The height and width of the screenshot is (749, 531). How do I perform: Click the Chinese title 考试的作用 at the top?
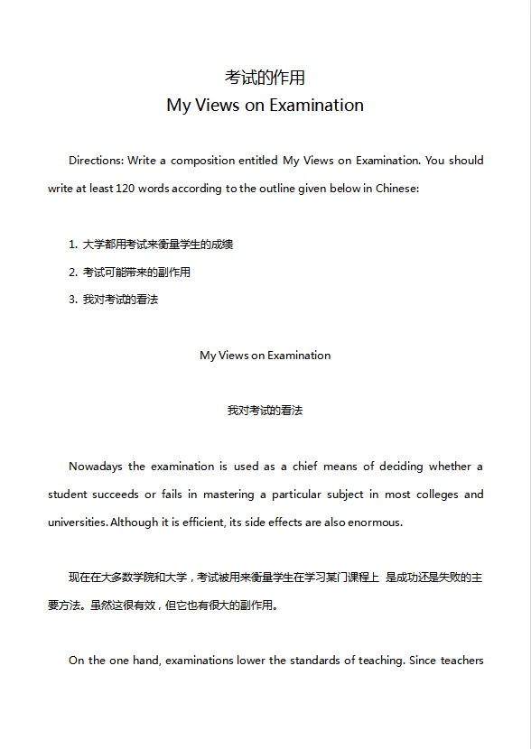[x=265, y=78]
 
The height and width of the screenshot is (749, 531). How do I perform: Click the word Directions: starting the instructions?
[x=96, y=161]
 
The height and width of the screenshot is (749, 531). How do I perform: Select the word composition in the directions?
[x=202, y=161]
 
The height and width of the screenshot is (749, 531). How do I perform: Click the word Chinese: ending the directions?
[x=396, y=190]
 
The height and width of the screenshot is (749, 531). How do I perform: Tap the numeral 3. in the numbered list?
[x=73, y=300]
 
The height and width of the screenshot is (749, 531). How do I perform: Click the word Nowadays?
[x=95, y=467]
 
